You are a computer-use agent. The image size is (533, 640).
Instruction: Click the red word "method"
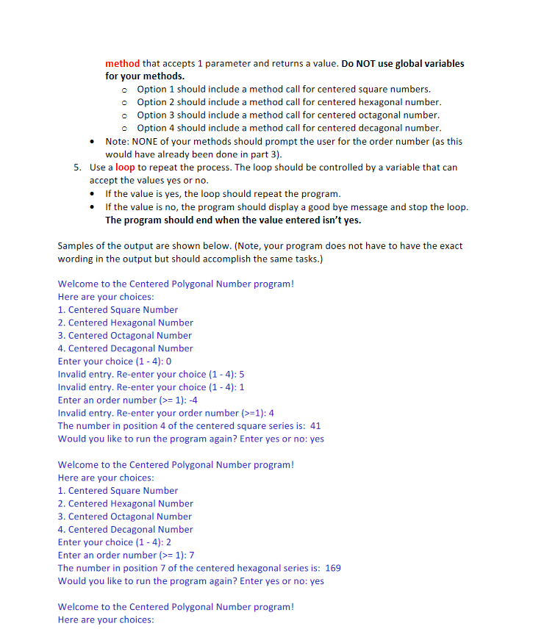click(x=122, y=63)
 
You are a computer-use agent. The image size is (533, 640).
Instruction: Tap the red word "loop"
click(x=125, y=168)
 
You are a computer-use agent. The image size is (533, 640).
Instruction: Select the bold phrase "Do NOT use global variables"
click(x=403, y=63)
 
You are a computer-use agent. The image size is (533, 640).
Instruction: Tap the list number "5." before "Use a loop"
click(x=78, y=168)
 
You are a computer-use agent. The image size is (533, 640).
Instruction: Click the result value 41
click(x=316, y=426)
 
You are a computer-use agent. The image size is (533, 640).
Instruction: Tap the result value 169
click(x=333, y=568)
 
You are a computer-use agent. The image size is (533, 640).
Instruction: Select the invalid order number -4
click(x=194, y=400)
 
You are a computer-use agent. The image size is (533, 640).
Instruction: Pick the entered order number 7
click(x=192, y=555)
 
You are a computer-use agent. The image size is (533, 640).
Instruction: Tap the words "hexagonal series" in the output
click(x=275, y=568)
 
